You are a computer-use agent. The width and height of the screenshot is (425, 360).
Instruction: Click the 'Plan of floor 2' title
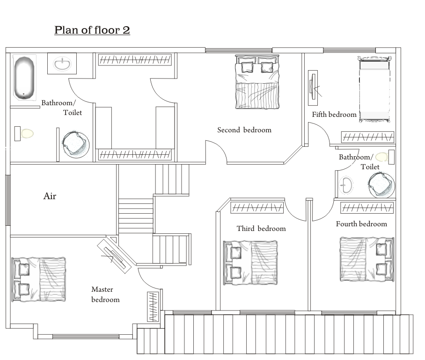(92, 30)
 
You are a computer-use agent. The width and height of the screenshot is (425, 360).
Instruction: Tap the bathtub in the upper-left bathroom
(24, 78)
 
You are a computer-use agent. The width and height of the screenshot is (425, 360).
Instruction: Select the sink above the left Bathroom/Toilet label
(62, 64)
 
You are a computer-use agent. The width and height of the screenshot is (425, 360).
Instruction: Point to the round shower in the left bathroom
(76, 144)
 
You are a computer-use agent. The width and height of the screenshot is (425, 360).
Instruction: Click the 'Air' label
(50, 196)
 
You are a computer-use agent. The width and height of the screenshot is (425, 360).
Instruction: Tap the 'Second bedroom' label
(244, 130)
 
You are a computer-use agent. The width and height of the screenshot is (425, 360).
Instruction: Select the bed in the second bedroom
(257, 82)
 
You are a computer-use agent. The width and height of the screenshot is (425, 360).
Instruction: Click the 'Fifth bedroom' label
(334, 115)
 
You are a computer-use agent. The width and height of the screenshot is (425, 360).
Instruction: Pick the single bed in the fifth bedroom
(374, 89)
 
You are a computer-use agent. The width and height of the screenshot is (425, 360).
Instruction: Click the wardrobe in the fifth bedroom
(367, 137)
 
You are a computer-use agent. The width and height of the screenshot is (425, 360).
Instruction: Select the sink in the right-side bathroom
(346, 185)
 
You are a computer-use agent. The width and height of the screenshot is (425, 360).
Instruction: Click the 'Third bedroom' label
(261, 229)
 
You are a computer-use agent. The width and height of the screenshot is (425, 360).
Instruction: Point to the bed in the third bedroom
(250, 263)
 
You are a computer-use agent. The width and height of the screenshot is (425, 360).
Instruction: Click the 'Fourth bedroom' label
(361, 224)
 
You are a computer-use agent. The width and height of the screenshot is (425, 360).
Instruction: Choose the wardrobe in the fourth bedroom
(367, 208)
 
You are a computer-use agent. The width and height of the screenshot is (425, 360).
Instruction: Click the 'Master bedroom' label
(105, 295)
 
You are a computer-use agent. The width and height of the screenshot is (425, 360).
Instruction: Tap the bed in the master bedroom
(39, 280)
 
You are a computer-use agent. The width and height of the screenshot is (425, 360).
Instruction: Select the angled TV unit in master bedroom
(114, 256)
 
